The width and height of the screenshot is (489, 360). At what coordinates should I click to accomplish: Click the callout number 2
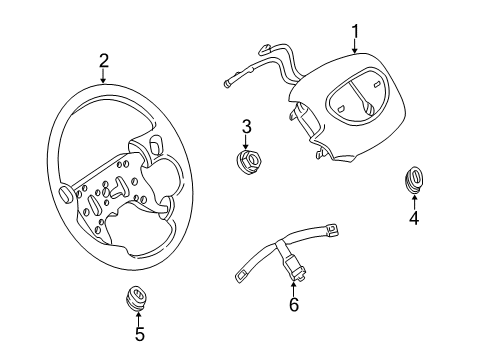104,62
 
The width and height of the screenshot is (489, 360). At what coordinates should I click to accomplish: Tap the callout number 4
413,219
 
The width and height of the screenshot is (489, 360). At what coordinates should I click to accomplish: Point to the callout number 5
139,335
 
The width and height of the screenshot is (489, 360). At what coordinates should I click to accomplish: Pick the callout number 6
293,304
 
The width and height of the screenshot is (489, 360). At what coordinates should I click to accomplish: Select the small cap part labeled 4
413,180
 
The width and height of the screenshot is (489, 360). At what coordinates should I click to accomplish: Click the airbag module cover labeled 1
345,115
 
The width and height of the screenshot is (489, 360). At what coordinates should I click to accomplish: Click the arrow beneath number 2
104,77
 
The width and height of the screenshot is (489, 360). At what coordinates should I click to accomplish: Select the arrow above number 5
139,317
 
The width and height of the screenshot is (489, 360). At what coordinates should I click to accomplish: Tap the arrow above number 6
293,287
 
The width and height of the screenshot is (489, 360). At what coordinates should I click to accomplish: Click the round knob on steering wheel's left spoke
63,191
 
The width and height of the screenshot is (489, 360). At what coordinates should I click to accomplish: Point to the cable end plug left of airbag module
229,85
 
